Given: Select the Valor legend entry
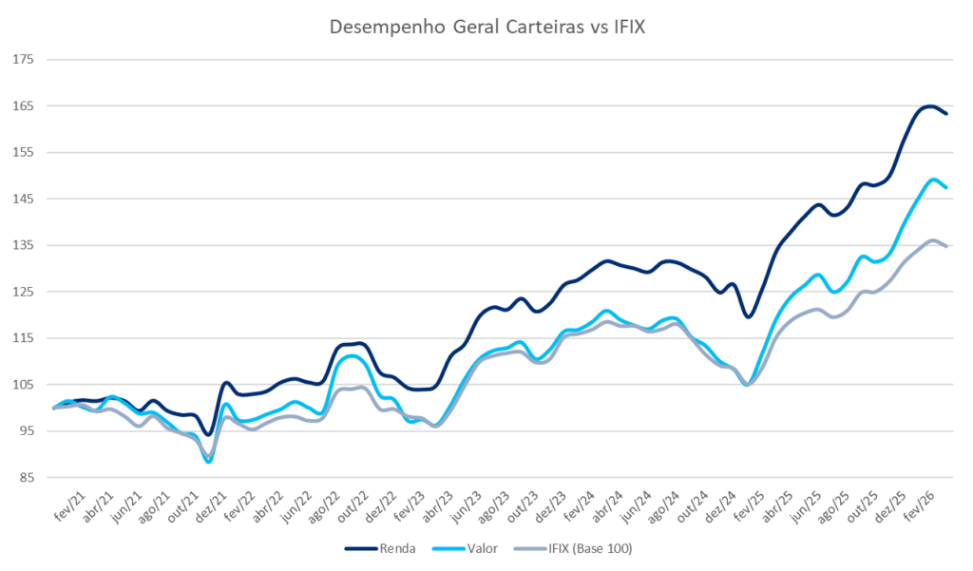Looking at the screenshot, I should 483,549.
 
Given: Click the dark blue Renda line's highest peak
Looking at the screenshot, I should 928,105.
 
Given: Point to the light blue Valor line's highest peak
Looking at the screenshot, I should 934,180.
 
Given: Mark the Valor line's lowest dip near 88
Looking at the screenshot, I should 208,462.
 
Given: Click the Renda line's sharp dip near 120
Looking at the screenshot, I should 749,316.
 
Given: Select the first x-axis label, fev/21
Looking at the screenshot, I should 66,502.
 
